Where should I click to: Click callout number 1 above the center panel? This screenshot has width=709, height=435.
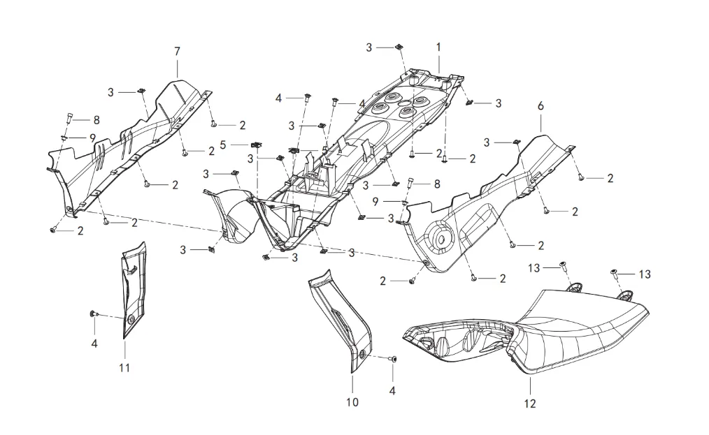pos(438,47)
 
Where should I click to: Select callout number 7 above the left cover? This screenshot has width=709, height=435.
pos(177,51)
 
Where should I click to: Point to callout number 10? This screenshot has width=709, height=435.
pos(352,402)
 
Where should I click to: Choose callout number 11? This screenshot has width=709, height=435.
pos(124,367)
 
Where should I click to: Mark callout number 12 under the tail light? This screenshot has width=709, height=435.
pos(529,403)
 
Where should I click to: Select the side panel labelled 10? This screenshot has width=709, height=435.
pos(343,314)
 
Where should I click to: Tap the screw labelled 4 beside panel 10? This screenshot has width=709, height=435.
pos(394,358)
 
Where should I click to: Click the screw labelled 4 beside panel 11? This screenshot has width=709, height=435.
pos(93,315)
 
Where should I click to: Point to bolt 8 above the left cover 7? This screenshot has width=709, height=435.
pos(69,117)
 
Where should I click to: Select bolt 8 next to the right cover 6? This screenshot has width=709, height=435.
pos(410,183)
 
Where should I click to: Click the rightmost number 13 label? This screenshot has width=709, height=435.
pos(644,274)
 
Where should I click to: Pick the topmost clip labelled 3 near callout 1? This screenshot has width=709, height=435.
pos(398,47)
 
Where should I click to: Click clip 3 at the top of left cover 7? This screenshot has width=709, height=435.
pos(141,91)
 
